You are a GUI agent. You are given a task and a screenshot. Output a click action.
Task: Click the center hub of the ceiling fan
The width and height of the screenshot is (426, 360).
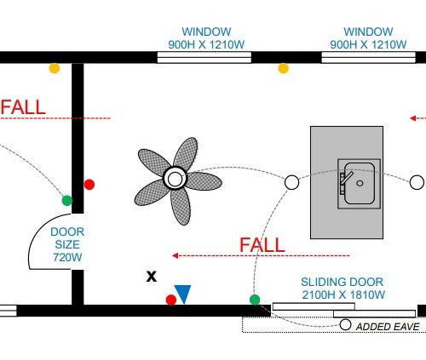point(175,179)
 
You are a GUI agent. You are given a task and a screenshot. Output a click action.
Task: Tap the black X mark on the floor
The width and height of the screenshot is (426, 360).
point(152,277)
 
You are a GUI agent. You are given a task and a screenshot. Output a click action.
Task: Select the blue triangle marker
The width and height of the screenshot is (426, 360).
point(183,294)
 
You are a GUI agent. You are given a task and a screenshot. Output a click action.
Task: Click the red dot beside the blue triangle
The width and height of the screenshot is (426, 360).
point(171,300)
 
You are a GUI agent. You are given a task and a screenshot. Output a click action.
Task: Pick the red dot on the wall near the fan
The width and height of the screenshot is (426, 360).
point(89,185)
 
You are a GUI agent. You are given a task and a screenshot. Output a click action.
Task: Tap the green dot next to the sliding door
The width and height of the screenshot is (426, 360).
point(255,300)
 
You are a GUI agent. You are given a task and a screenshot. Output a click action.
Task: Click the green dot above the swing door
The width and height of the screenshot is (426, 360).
point(67,201)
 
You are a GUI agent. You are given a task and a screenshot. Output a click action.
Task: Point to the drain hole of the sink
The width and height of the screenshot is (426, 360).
point(360,183)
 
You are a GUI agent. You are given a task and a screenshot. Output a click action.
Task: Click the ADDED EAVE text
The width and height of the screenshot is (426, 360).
point(388,327)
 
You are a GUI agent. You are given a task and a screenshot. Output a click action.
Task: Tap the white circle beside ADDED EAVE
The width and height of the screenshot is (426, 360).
point(345,324)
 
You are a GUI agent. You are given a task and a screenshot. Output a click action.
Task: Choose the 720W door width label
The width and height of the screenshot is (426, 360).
point(67,257)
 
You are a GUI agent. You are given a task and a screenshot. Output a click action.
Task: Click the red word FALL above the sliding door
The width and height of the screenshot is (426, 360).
point(262,245)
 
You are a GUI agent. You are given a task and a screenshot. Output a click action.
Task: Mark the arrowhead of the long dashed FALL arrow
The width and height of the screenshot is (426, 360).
point(175,256)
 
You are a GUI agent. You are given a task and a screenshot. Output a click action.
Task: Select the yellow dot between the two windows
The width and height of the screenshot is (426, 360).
point(283,68)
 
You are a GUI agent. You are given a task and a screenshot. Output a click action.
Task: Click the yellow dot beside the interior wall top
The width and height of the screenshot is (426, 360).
point(55,68)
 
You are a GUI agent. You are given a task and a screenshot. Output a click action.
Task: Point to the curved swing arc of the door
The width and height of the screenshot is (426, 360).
point(37,231)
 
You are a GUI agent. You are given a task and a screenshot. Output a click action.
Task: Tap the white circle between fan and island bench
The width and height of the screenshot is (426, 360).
point(291,182)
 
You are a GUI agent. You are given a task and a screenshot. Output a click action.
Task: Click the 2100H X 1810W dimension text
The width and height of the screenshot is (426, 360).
point(343,294)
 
